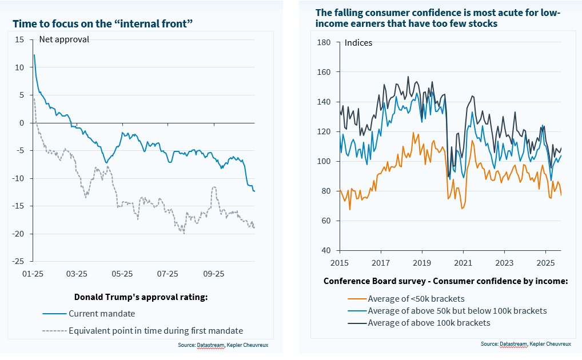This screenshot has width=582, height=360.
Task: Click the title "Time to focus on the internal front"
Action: [102, 23]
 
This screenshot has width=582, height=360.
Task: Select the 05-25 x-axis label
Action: [122, 274]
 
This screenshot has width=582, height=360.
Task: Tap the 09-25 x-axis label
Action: [213, 274]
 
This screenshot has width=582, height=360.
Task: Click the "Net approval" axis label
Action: [64, 39]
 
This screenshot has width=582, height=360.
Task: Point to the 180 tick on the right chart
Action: [324, 42]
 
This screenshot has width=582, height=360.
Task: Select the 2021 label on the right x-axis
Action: [463, 263]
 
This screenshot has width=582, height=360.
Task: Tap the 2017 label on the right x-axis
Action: [381, 263]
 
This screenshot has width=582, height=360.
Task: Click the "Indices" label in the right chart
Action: [358, 43]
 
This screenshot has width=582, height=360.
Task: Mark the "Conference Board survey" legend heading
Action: [445, 281]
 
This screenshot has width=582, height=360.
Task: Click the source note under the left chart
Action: [222, 345]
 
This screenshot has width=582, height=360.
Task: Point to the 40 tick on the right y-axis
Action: [326, 250]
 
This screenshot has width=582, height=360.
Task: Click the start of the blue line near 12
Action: [34, 55]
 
